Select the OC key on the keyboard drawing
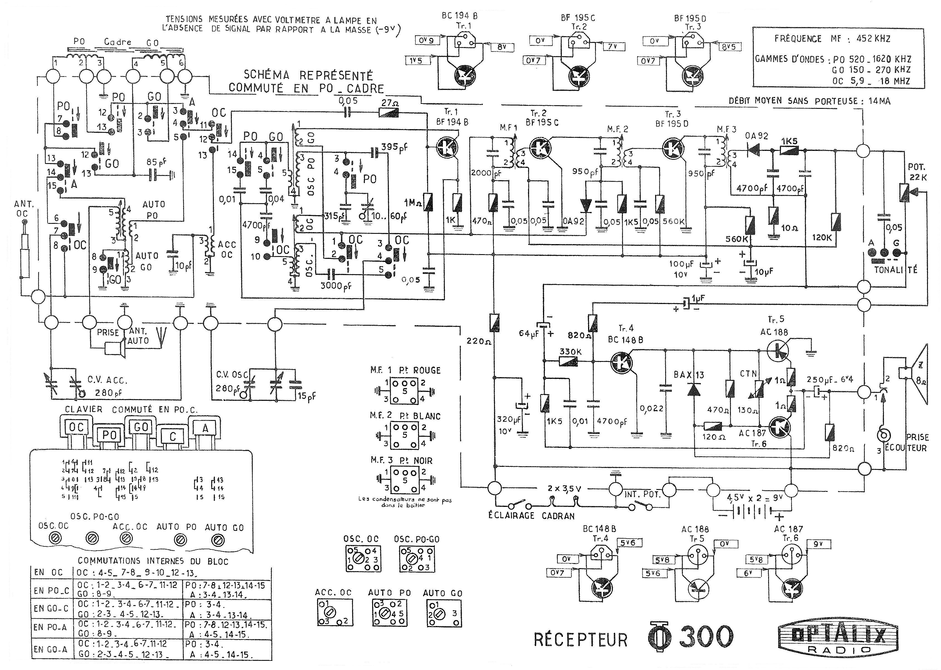pos(76,428)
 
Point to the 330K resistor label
pos(571,352)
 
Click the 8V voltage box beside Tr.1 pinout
pos(501,47)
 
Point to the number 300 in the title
pos(706,636)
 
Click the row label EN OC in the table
pos(48,572)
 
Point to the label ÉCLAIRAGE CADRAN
pos(531,516)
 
